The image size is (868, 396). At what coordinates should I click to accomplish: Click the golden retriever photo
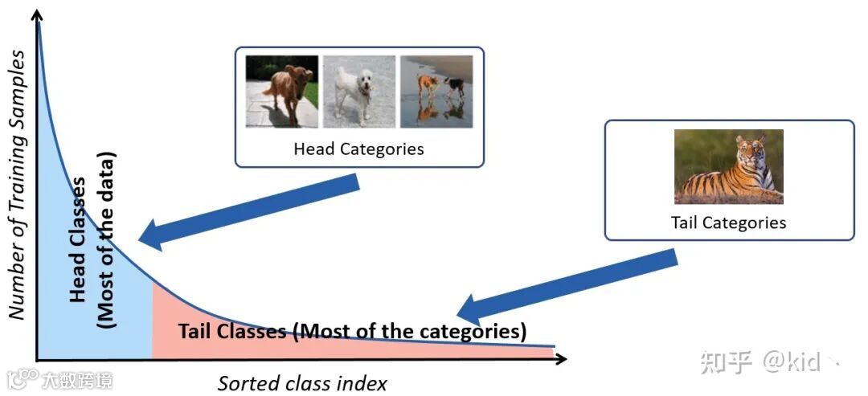tap(282, 91)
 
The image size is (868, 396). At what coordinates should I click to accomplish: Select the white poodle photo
tap(359, 91)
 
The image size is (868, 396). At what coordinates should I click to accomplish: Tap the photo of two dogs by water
tap(436, 91)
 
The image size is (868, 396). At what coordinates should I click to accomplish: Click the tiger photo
tap(728, 166)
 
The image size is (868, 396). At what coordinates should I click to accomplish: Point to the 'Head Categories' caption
tap(358, 149)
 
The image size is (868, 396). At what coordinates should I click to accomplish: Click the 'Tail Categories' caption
tap(728, 222)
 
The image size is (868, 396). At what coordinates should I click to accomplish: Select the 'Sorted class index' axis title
tap(302, 383)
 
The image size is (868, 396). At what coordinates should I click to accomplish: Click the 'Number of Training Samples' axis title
tap(17, 185)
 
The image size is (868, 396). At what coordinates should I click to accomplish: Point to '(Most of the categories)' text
tap(410, 331)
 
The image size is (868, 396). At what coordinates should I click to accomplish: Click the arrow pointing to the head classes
tap(249, 210)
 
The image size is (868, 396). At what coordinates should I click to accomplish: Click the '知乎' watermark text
tap(725, 362)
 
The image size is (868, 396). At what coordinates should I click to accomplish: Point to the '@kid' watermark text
tap(792, 362)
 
